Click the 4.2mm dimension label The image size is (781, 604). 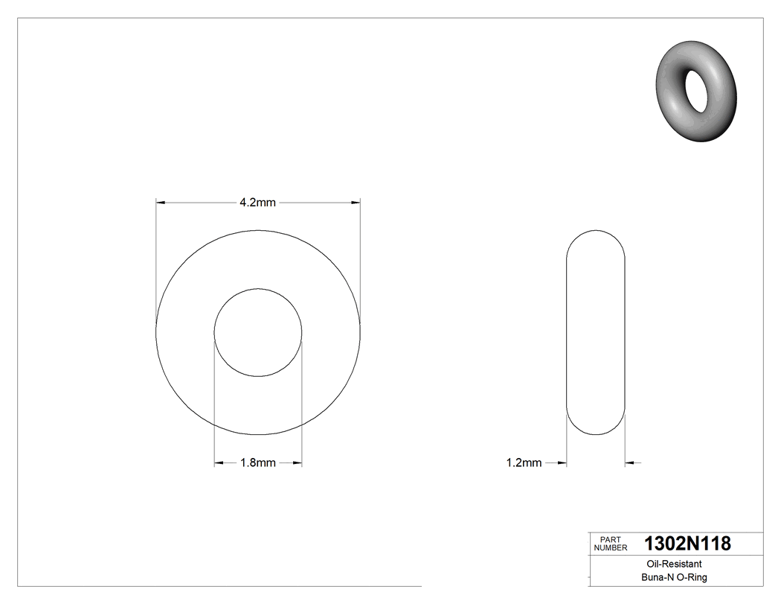click(x=257, y=202)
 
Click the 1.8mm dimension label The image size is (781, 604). click(x=257, y=463)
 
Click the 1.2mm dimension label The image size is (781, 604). click(x=524, y=463)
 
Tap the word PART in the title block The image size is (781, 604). click(x=610, y=539)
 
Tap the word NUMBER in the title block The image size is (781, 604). click(x=611, y=548)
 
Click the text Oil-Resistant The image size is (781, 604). click(x=671, y=565)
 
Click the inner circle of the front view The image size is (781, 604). click(x=258, y=332)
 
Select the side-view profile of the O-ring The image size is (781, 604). click(x=595, y=332)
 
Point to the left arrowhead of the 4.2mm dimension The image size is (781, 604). click(x=160, y=202)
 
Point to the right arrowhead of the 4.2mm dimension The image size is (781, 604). click(x=356, y=202)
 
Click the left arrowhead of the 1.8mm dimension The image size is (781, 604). click(x=219, y=463)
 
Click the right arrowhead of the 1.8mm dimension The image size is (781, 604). click(x=297, y=463)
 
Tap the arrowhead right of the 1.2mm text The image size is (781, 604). click(x=562, y=463)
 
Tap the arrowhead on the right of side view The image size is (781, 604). click(x=629, y=463)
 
